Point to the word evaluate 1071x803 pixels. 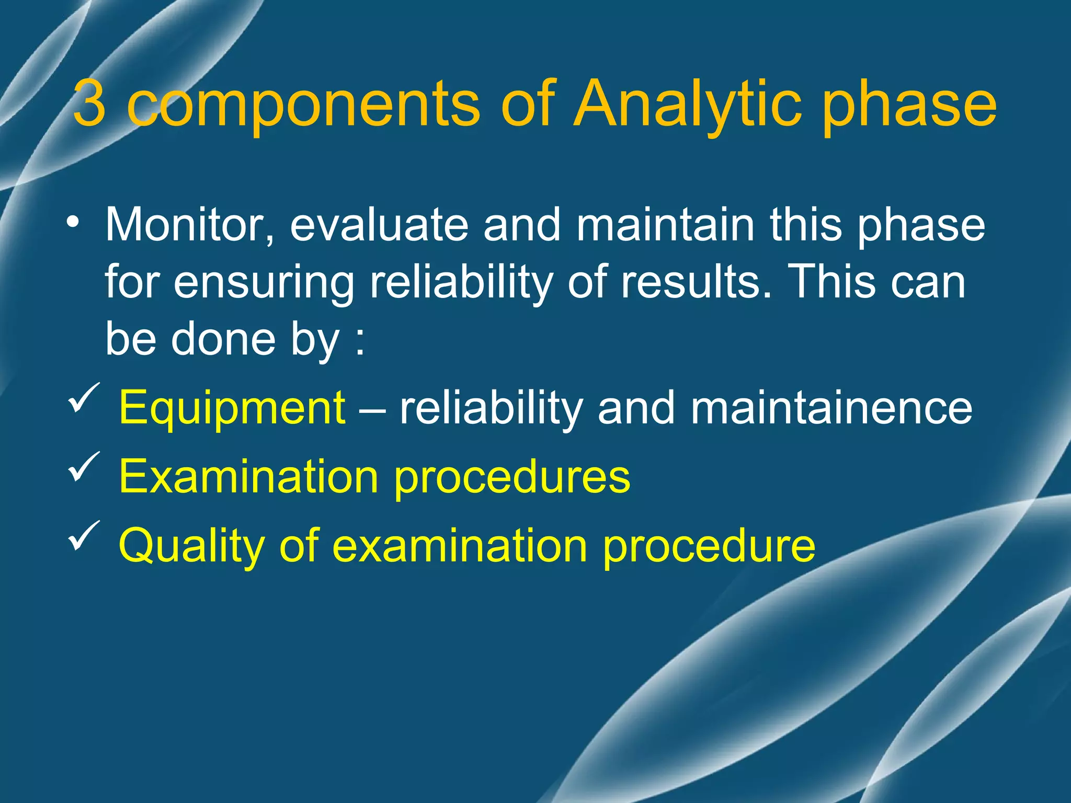coord(379,225)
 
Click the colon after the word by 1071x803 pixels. coord(359,342)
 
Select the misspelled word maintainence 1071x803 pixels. coord(831,408)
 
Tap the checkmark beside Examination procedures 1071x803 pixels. coord(84,467)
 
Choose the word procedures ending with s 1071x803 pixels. coord(512,477)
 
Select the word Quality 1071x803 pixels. coord(191,546)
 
